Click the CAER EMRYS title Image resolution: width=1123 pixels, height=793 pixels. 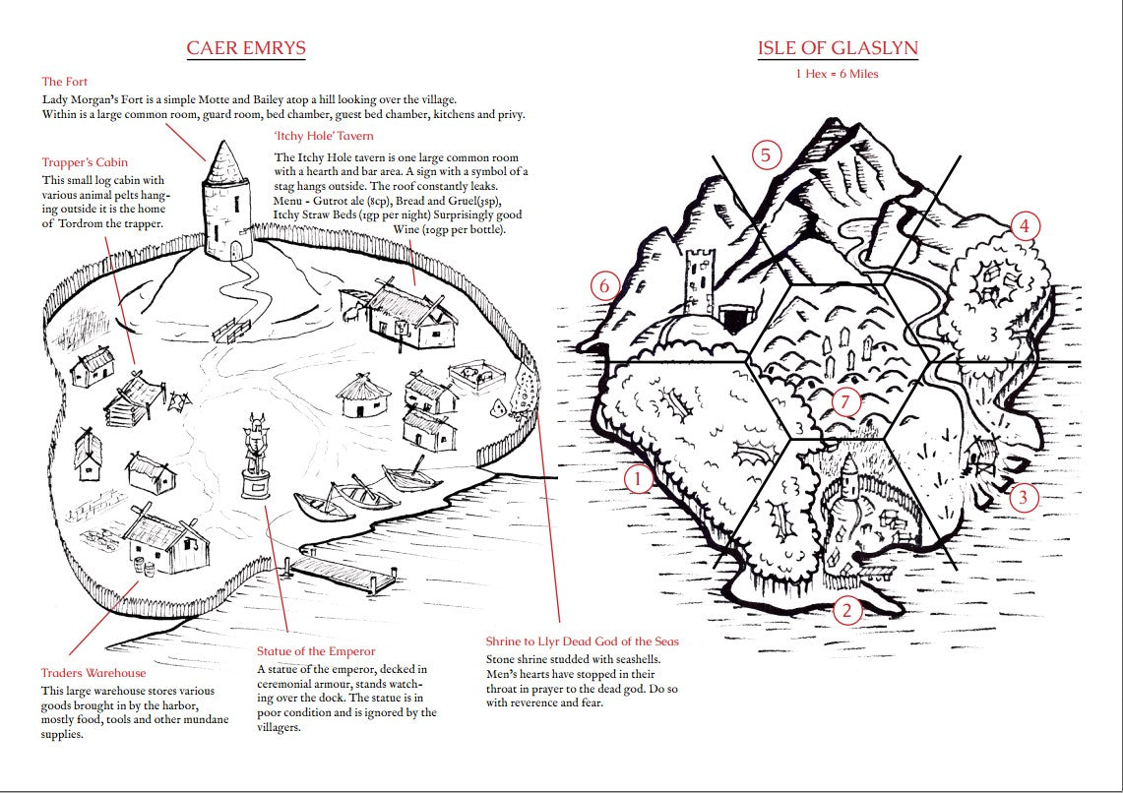click(246, 48)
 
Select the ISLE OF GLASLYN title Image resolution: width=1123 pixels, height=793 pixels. click(838, 48)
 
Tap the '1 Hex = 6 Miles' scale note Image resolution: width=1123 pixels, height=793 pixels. click(838, 74)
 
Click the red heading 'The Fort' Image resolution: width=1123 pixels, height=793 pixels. click(66, 82)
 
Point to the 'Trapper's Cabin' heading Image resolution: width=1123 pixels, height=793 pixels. click(85, 162)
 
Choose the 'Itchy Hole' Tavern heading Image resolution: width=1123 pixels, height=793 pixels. click(324, 136)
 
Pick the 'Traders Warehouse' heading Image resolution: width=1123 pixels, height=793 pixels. click(93, 673)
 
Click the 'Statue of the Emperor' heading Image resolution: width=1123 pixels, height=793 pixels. click(316, 651)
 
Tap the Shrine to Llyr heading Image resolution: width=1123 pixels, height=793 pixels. click(583, 641)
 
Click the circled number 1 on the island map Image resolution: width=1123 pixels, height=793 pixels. click(639, 479)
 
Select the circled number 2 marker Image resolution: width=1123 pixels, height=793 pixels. click(846, 611)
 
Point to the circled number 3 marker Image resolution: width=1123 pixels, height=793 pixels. click(1024, 497)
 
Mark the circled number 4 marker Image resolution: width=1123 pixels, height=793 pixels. click(1024, 226)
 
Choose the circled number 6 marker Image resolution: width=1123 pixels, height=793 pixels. click(605, 285)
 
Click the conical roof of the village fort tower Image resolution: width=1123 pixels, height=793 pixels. click(224, 156)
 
